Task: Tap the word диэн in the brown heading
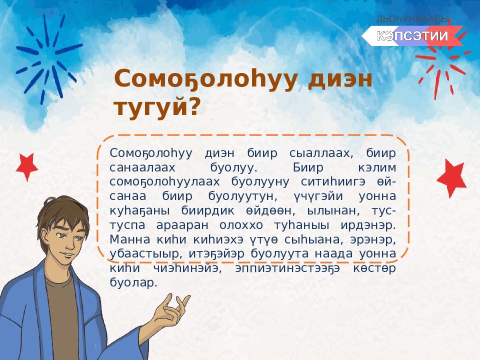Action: pos(340,79)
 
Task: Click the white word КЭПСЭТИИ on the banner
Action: pos(412,36)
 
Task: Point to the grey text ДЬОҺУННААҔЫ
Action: pos(412,19)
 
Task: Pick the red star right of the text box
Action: pos(451,178)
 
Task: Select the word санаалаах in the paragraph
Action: pos(142,167)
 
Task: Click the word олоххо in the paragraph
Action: pos(241,225)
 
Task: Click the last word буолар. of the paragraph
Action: pos(133,282)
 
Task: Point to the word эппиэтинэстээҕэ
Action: pos(287,268)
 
